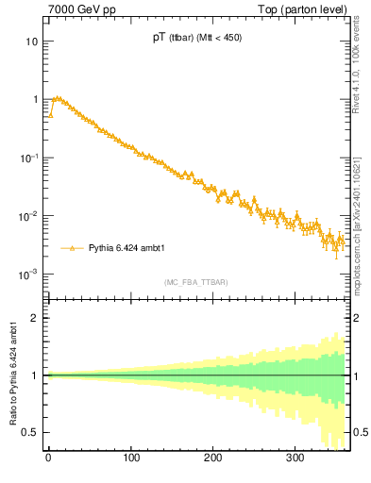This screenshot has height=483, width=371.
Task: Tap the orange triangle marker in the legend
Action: tap(72, 248)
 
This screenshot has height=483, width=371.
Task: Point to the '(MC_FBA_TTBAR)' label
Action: tap(195, 282)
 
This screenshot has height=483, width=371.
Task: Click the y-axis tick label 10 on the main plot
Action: tap(32, 42)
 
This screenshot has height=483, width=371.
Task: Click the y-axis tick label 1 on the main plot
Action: tap(35, 99)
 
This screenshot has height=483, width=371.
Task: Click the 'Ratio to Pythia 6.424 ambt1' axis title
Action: tap(14, 374)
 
